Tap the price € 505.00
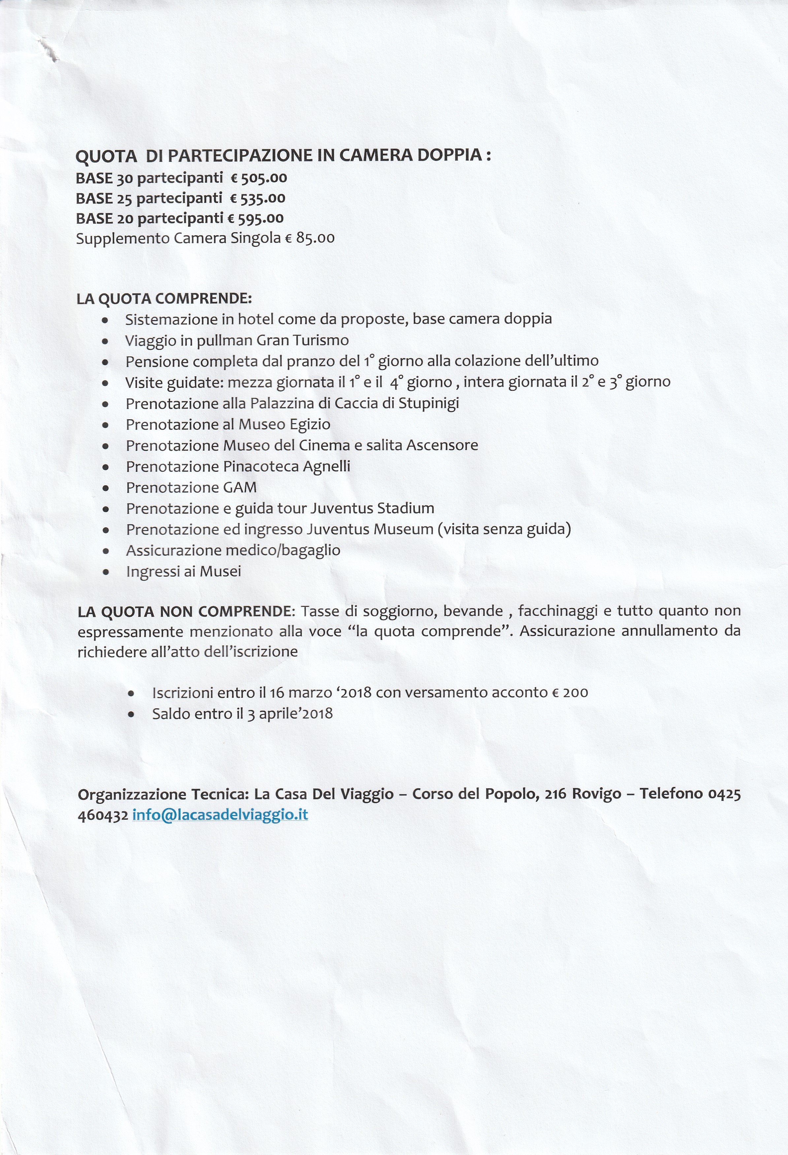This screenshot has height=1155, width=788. click(x=259, y=178)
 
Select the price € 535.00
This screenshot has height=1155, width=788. click(x=258, y=198)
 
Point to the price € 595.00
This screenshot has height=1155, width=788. click(x=256, y=218)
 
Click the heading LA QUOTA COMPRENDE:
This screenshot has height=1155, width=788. click(x=164, y=299)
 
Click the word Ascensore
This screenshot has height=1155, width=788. click(x=442, y=445)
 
